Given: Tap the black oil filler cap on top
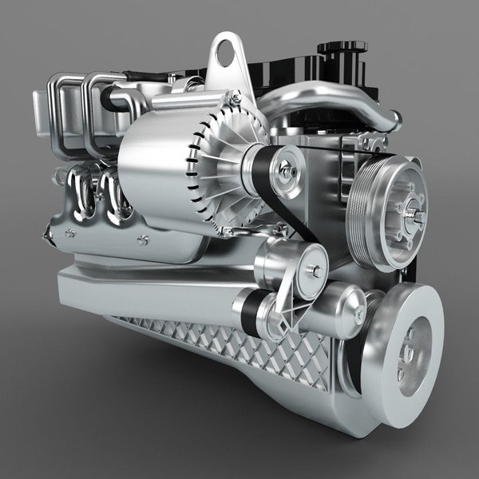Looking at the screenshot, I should coord(341,50).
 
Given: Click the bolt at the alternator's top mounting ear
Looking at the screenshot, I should coord(236,99).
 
